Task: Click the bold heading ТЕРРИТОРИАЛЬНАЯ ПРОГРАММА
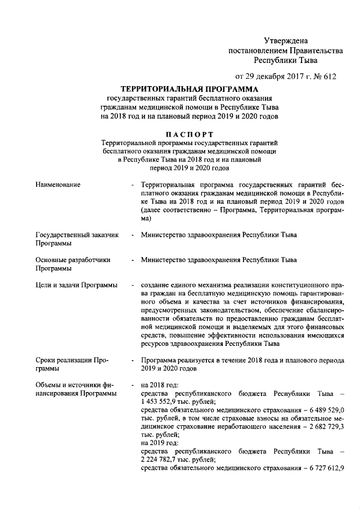[x=190, y=89]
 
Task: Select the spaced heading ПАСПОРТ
[x=190, y=134]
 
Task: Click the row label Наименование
[x=57, y=184]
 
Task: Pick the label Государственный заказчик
[x=76, y=235]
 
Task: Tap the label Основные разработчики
[x=73, y=260]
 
